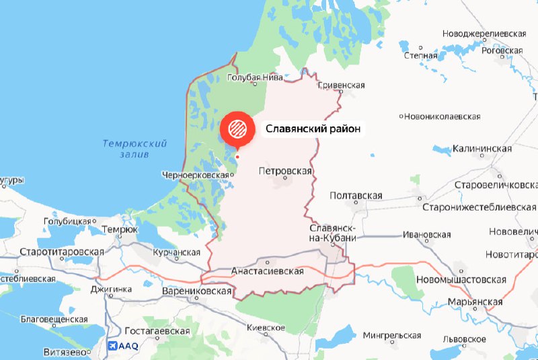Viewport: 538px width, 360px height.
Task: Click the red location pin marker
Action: [x=237, y=127]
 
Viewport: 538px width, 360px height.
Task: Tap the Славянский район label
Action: [x=313, y=128]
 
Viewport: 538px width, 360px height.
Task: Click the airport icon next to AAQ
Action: [x=112, y=346]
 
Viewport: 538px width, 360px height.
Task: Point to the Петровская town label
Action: [x=285, y=171]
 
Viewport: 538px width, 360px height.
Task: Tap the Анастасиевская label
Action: [x=268, y=271]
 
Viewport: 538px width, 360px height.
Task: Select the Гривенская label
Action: [x=340, y=85]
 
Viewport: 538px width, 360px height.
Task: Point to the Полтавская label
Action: [x=356, y=196]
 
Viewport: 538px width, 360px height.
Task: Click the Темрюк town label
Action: [x=119, y=229]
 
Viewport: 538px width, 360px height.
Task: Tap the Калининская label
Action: [x=482, y=148]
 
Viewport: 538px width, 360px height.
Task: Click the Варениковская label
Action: [x=197, y=291]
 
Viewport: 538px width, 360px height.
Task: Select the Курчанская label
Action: [x=177, y=252]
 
